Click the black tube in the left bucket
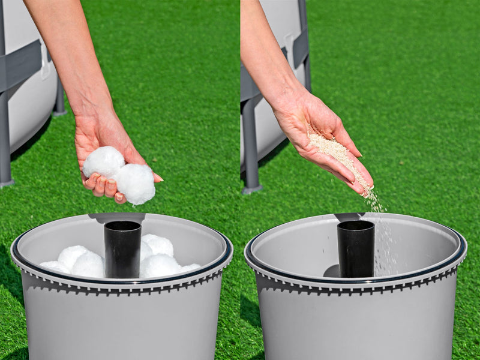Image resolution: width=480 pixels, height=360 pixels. point(122,249)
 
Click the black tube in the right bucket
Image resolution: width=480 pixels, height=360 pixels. point(355,249)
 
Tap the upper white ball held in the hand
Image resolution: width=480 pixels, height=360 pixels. point(103,162)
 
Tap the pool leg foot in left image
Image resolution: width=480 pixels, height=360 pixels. point(6,182)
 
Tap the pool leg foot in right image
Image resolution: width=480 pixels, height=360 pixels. point(251,189)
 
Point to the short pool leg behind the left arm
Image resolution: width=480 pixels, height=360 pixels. point(59,99)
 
